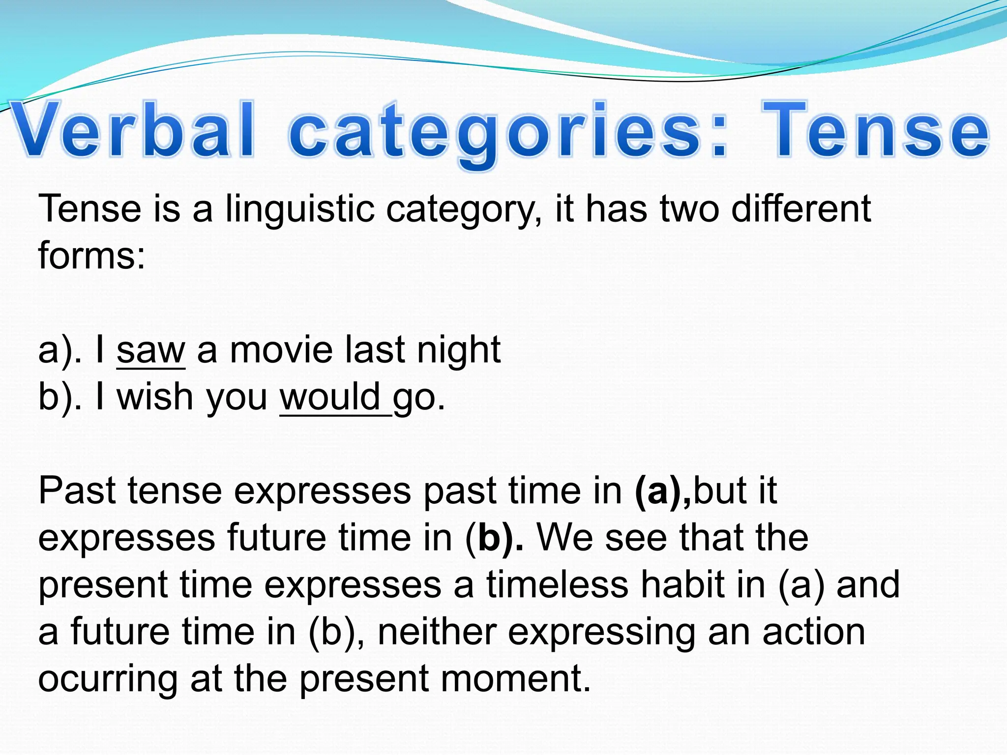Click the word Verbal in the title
click(x=133, y=130)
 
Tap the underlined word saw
click(x=151, y=350)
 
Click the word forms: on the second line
click(x=92, y=256)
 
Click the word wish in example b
click(x=155, y=397)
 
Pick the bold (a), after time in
click(x=663, y=491)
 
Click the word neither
click(x=437, y=632)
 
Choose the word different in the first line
click(x=801, y=209)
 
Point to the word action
click(x=813, y=632)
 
